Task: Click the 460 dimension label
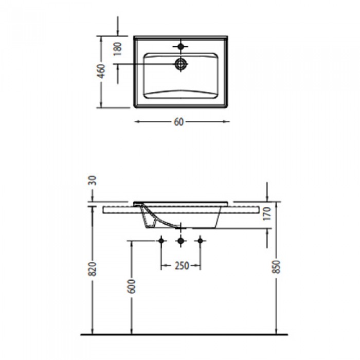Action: (102, 71)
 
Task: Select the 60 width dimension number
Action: (178, 122)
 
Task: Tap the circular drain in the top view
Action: (181, 64)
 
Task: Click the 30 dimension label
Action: (92, 181)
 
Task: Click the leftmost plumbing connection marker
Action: (163, 240)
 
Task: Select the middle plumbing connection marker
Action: (181, 240)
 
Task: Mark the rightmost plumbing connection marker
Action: (201, 240)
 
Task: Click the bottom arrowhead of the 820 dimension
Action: (93, 332)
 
